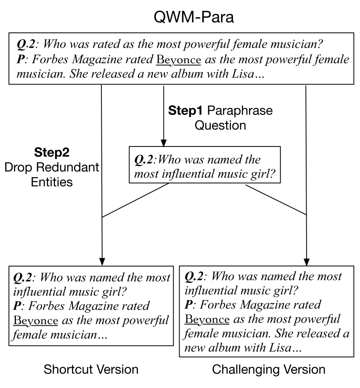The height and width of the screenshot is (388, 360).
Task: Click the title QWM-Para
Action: click(180, 17)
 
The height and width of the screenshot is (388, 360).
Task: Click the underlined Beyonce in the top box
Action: click(178, 60)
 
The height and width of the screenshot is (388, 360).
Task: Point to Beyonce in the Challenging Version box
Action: click(207, 319)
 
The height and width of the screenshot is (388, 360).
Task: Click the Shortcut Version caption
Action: click(91, 369)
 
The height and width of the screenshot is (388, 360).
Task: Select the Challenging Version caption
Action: click(269, 369)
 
